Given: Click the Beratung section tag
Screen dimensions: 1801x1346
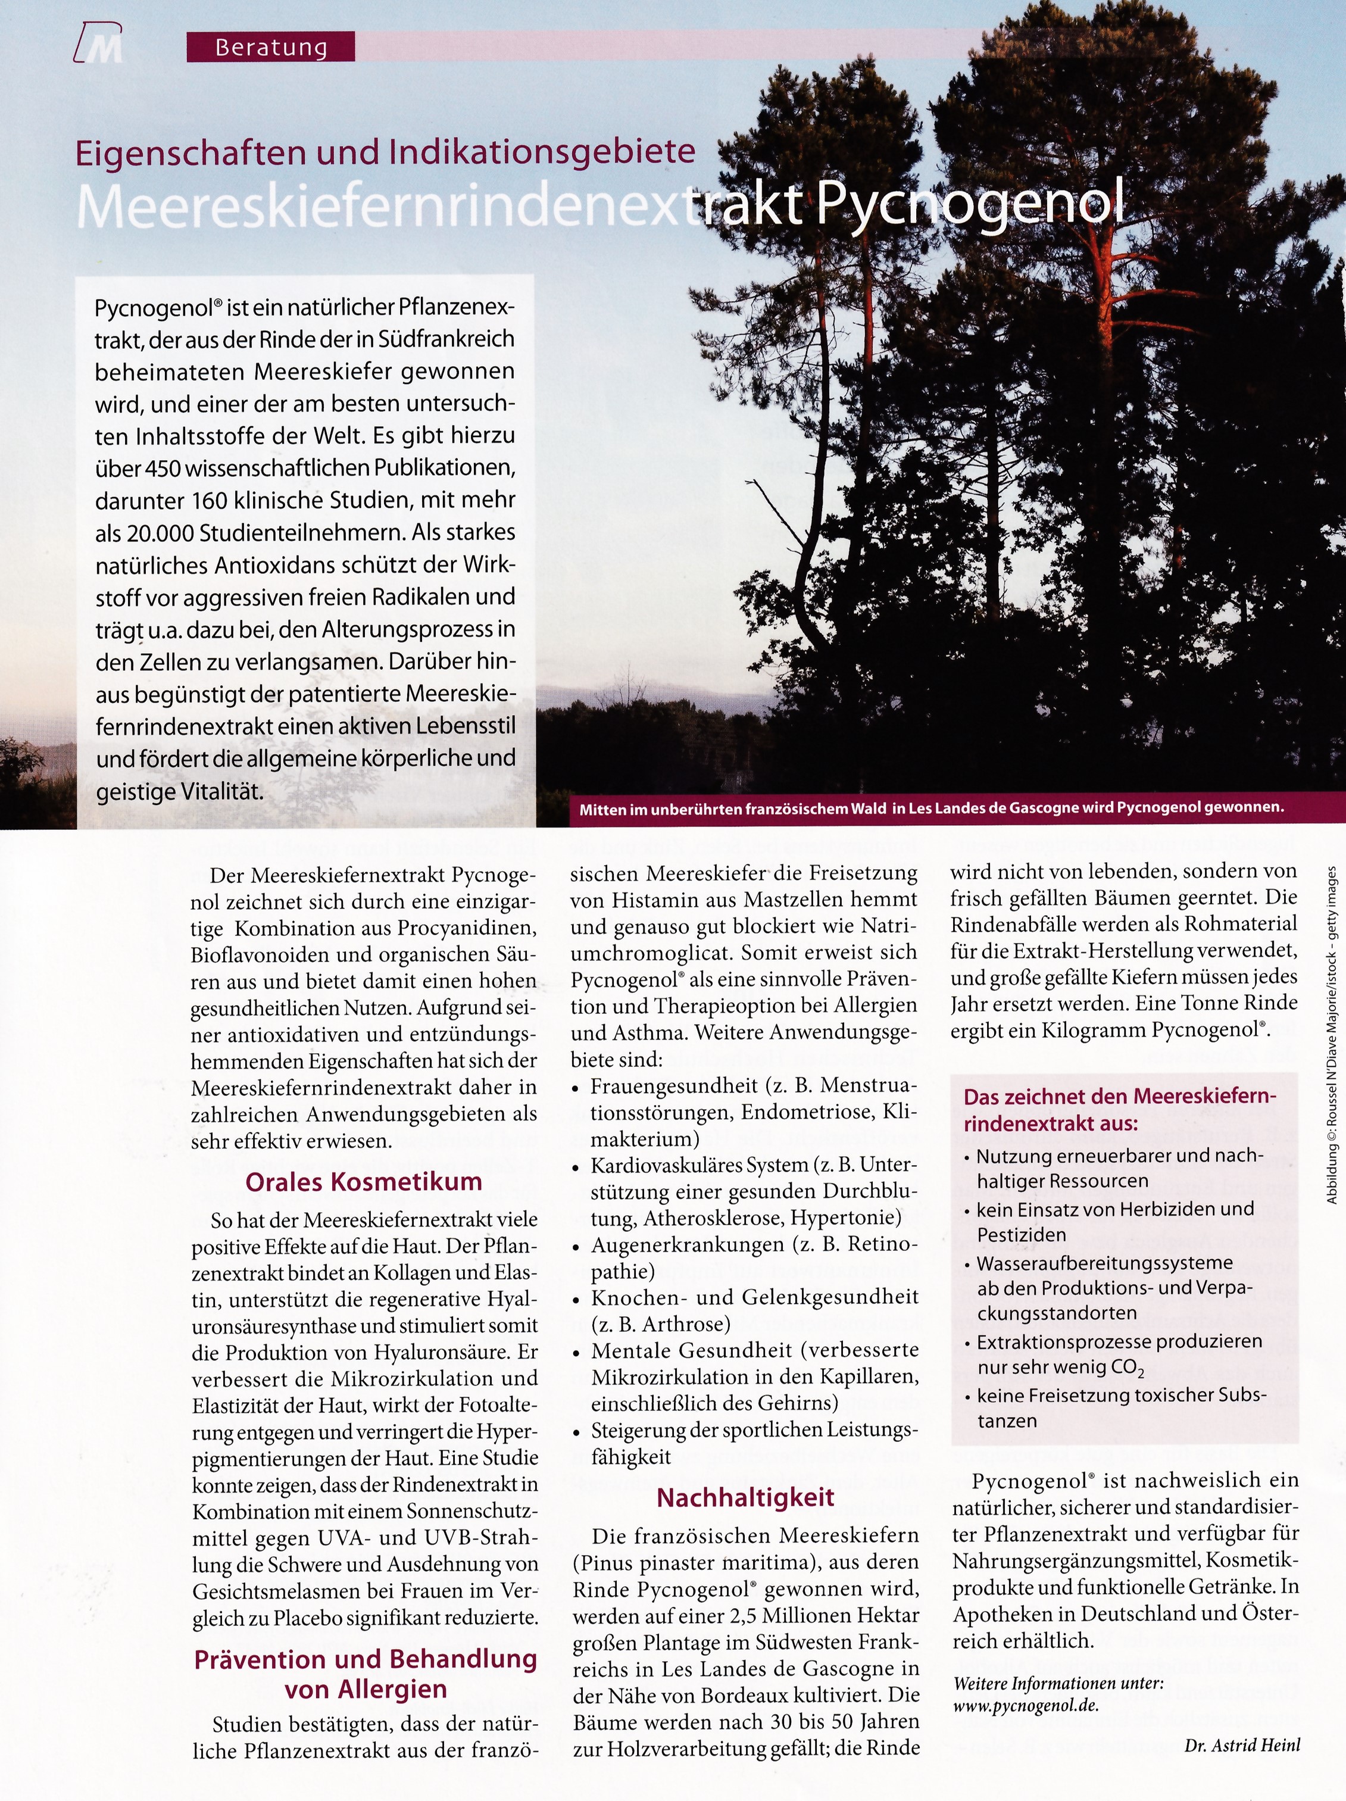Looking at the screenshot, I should [270, 47].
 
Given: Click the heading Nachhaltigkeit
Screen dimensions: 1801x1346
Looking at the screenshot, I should [745, 1497].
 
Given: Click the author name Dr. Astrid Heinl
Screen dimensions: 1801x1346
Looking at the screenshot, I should [1242, 1744].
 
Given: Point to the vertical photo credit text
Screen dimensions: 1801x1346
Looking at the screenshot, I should [1332, 1034].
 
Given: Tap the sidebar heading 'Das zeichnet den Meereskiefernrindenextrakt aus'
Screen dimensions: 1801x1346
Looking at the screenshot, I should [1120, 1110].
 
